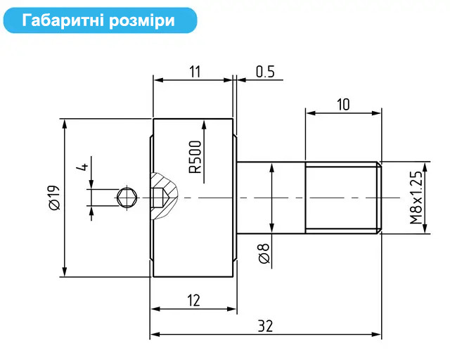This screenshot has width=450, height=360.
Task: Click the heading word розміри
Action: point(142,21)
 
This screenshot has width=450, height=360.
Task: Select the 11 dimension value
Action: point(195,72)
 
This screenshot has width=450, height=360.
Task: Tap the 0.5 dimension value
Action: point(265,72)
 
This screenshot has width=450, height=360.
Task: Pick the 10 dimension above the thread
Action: point(343,105)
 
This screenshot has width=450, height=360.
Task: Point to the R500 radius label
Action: point(195,157)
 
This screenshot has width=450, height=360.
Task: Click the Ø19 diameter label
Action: point(54,198)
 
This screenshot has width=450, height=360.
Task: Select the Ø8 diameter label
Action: point(264,254)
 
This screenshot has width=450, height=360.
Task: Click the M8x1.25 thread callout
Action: point(416,198)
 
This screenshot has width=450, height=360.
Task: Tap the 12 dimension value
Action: point(193,300)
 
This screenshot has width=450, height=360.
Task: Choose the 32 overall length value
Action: point(265,326)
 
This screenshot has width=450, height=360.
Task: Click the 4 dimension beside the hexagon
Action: point(84,167)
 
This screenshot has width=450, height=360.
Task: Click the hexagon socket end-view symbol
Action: point(127,198)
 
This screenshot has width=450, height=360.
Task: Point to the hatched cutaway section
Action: point(164,196)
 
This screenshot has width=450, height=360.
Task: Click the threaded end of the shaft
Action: point(343,198)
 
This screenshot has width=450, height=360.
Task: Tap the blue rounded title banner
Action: point(100,20)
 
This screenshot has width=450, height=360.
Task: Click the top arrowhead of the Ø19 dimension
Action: point(65,124)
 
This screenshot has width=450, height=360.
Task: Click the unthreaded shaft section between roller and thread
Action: point(271,198)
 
